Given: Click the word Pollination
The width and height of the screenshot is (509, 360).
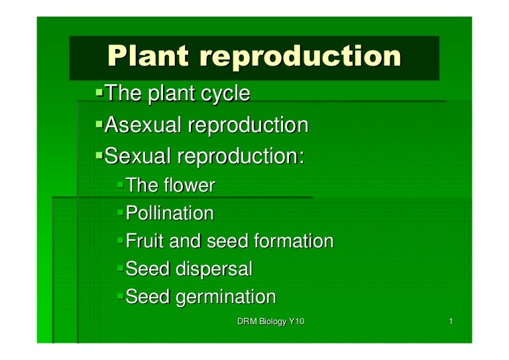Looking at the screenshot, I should (170, 213).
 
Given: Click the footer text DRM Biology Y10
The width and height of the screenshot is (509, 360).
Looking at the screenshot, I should (270, 322).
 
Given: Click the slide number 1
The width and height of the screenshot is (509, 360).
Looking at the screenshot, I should (450, 322).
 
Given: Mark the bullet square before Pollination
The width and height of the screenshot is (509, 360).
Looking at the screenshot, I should (120, 212).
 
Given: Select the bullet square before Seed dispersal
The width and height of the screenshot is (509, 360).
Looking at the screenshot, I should (120, 268).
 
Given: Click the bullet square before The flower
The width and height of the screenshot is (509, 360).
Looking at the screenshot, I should (120, 184).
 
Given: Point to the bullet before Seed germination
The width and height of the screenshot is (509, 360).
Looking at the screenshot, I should (120, 296).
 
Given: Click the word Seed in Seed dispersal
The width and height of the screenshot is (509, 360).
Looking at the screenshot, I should (148, 270).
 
